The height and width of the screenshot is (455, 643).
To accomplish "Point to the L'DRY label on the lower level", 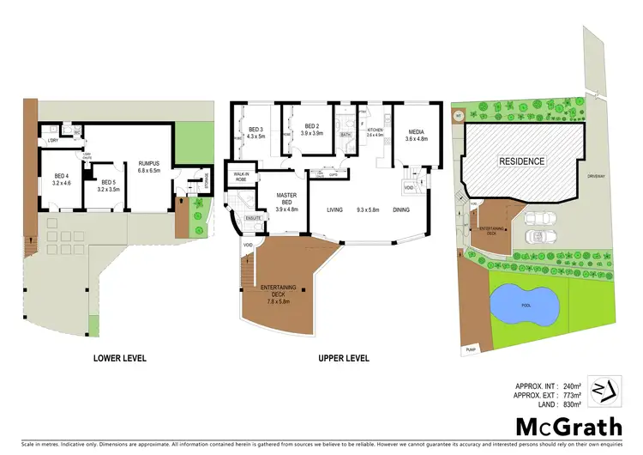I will point(51,140).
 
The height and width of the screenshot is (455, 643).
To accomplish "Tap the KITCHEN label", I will point(374,129).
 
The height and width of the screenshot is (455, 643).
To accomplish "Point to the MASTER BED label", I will point(286,200).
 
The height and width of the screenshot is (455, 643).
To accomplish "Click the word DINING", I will point(401,209).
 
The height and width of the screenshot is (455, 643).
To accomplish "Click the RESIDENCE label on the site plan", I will point(523,161).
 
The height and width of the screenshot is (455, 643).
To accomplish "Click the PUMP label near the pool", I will point(471,350).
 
